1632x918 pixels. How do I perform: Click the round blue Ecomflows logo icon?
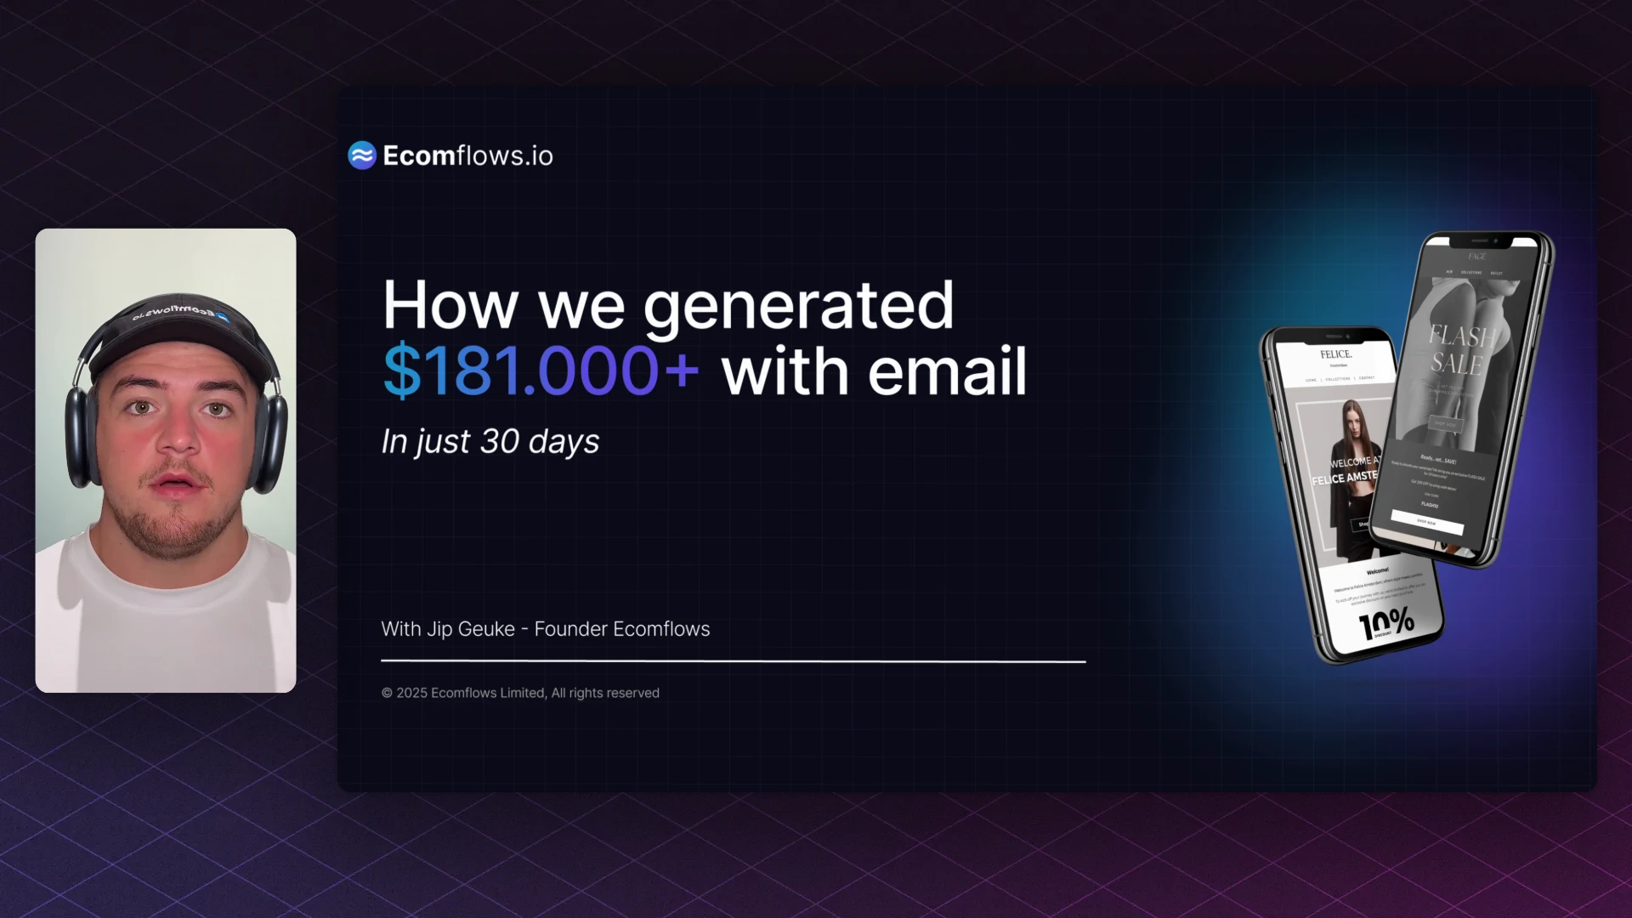(362, 156)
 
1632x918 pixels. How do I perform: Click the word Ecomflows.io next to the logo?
(467, 156)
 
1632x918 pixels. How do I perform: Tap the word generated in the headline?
(798, 305)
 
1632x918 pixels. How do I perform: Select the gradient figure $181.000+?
(541, 371)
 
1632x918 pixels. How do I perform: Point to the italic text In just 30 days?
(490, 441)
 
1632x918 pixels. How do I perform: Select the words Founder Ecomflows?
(621, 629)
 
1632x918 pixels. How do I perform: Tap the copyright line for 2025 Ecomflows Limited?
(520, 693)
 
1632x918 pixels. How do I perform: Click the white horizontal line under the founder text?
(733, 660)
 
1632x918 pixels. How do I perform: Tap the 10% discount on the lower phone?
(1386, 625)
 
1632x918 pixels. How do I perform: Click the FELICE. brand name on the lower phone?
(1335, 354)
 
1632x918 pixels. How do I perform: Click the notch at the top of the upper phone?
(1480, 241)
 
